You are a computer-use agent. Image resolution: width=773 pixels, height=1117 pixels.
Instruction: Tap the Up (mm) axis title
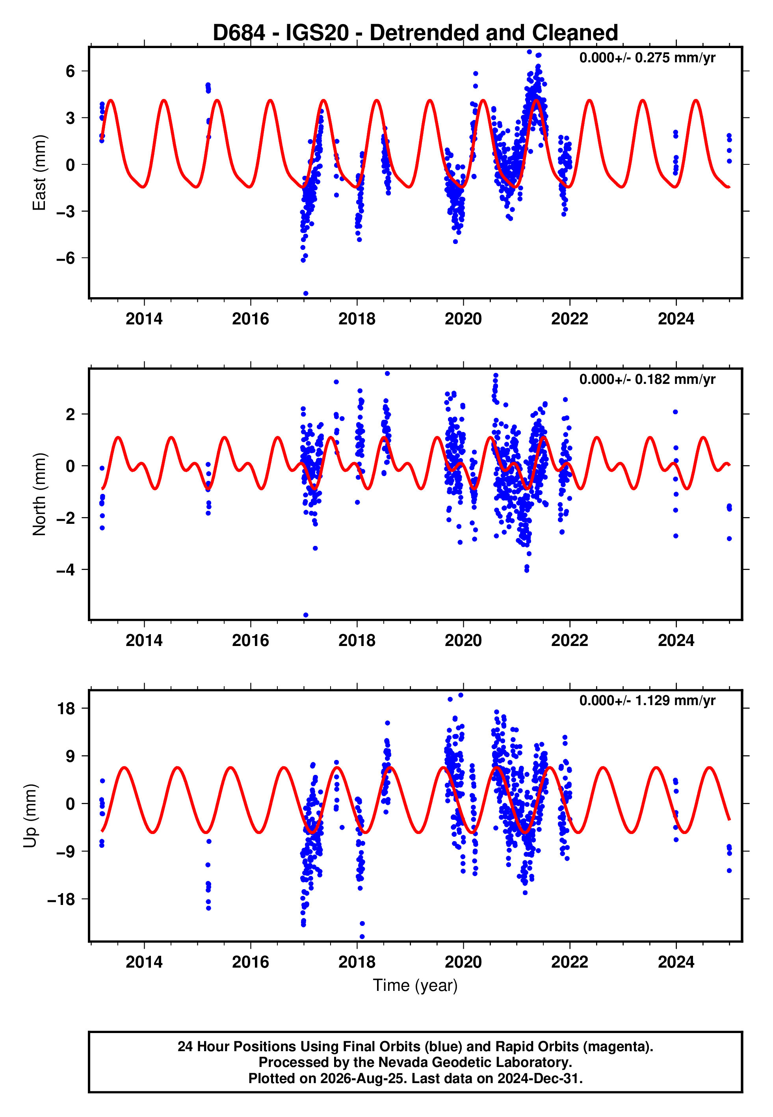coord(30,815)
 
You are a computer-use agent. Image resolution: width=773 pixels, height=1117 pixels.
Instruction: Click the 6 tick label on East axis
coord(71,71)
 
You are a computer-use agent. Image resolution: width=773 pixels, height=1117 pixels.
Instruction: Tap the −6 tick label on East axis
coord(65,258)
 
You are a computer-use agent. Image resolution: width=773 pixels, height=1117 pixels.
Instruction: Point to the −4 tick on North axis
coord(65,570)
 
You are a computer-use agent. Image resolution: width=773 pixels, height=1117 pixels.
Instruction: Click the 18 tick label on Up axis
coord(66,709)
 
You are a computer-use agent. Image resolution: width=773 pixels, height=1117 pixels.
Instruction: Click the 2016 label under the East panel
coord(251,319)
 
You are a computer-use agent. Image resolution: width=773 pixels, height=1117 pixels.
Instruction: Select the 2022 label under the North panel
coord(570,640)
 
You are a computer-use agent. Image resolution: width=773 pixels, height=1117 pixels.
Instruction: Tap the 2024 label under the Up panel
coord(676,962)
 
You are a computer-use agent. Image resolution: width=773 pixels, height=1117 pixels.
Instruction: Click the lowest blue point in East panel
coord(306,294)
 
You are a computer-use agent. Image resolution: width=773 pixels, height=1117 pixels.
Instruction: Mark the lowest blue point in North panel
coord(306,615)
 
